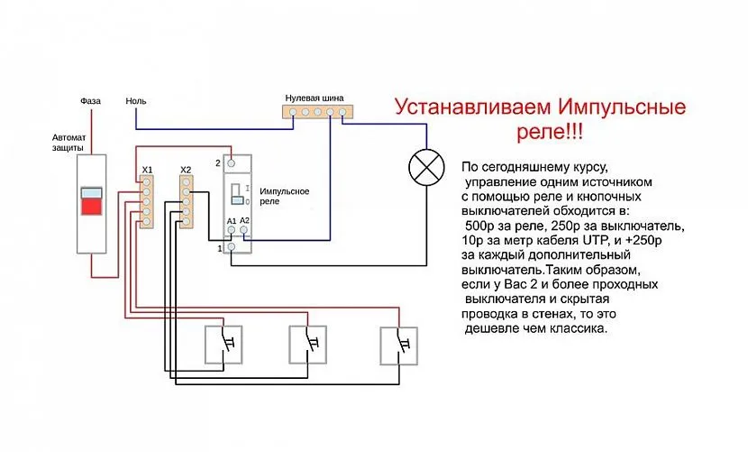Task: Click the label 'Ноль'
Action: click(136, 101)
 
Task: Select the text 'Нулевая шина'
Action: click(314, 97)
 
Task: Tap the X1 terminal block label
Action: click(148, 170)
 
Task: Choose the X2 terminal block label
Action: click(186, 170)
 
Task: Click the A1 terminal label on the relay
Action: click(232, 221)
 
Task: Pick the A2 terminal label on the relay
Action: click(243, 221)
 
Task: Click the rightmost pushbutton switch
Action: click(397, 346)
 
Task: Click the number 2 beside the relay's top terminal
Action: click(218, 163)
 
